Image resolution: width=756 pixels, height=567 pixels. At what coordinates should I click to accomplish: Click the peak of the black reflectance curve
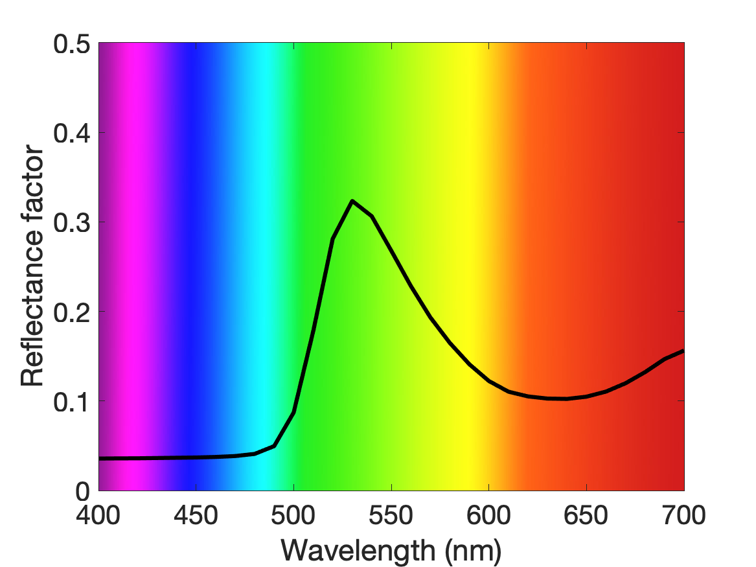tap(352, 201)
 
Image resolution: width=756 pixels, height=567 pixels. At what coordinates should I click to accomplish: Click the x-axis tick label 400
tap(98, 515)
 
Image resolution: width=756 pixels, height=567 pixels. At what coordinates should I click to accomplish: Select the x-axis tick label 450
tap(196, 515)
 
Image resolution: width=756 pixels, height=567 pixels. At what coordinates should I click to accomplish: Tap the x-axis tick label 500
tap(293, 515)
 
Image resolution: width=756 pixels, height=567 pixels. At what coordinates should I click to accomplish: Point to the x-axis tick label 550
tap(391, 515)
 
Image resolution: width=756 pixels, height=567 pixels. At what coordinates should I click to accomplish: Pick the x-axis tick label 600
tap(489, 515)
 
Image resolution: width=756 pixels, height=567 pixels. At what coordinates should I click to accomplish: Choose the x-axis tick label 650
tap(586, 515)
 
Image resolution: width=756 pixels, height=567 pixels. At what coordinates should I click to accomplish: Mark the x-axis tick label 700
tap(683, 515)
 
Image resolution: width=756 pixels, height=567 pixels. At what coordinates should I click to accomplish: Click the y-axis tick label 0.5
tap(72, 44)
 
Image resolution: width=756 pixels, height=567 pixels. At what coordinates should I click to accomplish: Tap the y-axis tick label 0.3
tap(72, 223)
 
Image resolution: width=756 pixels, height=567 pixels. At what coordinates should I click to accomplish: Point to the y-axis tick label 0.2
tap(72, 312)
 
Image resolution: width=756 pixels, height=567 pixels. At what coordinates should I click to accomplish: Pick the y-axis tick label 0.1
tap(72, 402)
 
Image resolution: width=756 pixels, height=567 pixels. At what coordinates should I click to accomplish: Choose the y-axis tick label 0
tap(83, 491)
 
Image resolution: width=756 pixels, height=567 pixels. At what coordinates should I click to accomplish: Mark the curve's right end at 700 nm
tap(683, 351)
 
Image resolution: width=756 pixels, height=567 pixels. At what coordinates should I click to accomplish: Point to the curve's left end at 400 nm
tap(100, 459)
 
